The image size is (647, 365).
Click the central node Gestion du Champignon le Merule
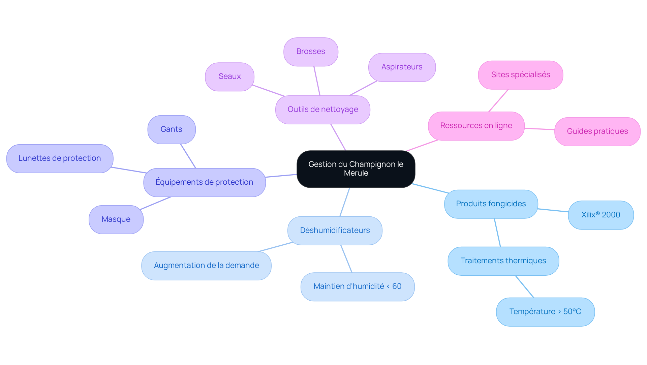tap(356, 169)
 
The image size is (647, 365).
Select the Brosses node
tap(311, 52)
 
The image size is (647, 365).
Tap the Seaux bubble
tap(229, 77)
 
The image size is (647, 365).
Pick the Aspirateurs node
tap(402, 67)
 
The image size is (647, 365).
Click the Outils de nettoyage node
tap(323, 110)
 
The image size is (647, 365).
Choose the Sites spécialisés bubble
tap(521, 75)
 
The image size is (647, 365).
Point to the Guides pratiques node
tap(597, 132)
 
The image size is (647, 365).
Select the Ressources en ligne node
tap(476, 126)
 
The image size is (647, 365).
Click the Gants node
tap(172, 130)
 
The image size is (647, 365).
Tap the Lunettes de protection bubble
tap(60, 159)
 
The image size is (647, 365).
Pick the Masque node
tap(116, 220)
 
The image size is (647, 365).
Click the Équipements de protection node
tap(205, 183)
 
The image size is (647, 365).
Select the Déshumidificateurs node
tap(335, 231)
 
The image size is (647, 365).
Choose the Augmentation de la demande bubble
tap(207, 266)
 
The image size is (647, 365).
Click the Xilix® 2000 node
tap(601, 215)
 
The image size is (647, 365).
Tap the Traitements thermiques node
tap(503, 261)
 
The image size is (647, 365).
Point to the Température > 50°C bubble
tap(546, 312)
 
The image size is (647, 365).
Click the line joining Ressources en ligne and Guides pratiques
tap(540, 129)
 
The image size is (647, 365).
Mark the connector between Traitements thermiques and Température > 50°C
tap(524, 286)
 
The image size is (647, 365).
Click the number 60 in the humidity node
tap(397, 286)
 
